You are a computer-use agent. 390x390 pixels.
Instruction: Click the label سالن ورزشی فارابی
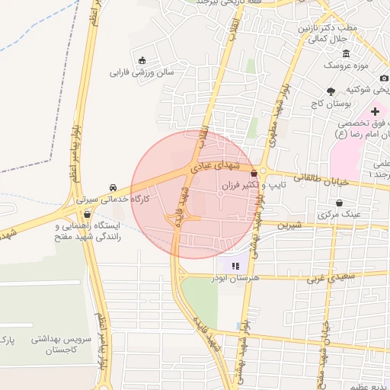142,73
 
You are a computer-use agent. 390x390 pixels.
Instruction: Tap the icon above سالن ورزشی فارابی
142,61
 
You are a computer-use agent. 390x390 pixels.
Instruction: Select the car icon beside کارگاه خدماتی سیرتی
113,187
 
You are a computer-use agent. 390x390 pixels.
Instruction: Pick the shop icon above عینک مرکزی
338,203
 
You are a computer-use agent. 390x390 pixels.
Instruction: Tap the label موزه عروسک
347,66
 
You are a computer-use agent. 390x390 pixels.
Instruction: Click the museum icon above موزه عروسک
347,53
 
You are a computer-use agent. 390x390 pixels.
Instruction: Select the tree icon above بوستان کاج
331,91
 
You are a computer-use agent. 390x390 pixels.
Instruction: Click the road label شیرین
290,225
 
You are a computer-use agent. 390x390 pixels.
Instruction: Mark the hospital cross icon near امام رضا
375,110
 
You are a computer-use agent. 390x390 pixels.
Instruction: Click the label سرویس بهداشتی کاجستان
58,344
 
